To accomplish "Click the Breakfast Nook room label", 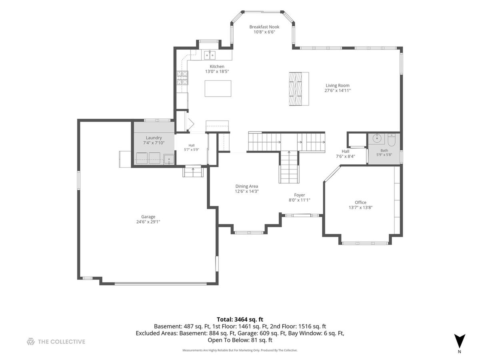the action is [264, 27].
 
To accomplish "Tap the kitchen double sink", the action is [210, 55].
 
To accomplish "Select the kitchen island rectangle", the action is [218, 88].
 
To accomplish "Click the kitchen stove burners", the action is [182, 78].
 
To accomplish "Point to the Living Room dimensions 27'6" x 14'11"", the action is [338, 90].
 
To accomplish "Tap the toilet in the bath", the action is [392, 141].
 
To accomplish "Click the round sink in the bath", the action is [377, 138].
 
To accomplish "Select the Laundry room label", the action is [154, 138].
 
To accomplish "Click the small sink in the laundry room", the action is [169, 159].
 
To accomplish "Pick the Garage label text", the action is [148, 217].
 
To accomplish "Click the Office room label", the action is [360, 202].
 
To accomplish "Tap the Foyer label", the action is [299, 195].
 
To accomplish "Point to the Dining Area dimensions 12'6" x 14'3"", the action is [247, 191].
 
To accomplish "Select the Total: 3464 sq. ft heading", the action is [240, 319].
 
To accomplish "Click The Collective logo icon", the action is [31, 342].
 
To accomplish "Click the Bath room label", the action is [384, 150].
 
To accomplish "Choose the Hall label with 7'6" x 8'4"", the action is [345, 154].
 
